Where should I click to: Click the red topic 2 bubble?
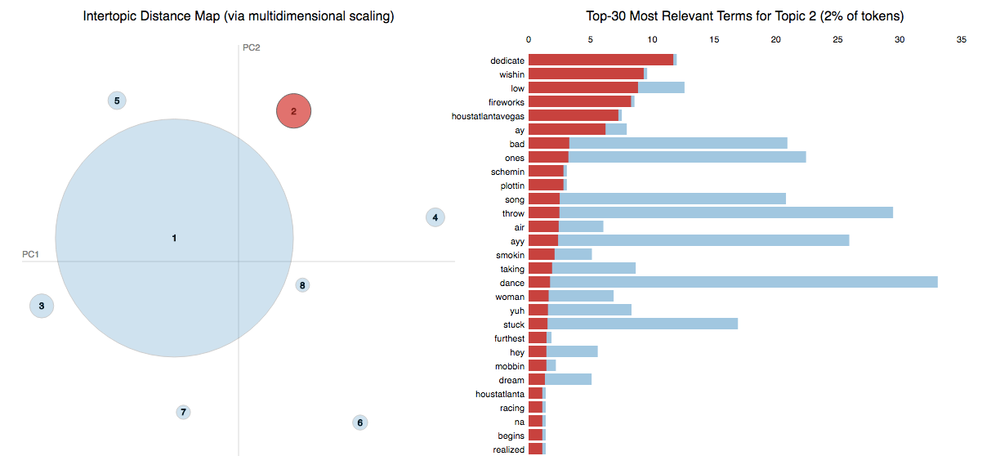(294, 111)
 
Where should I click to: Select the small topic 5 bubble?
(117, 101)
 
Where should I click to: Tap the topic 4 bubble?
(435, 217)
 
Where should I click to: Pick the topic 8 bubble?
(302, 285)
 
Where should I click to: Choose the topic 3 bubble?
(42, 306)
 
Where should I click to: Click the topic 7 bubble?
(183, 412)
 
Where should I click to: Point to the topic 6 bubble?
(359, 422)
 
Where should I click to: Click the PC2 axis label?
(251, 47)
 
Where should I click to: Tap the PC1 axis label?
(31, 255)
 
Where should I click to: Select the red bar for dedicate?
(600, 60)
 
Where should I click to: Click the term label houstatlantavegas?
(488, 116)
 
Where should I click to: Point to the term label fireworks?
(507, 102)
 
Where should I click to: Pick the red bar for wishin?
(586, 74)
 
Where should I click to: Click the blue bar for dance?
(743, 283)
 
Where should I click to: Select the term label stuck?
(514, 324)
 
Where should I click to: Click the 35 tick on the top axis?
(961, 39)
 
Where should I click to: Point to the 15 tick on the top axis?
(714, 39)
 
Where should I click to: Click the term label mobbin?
(510, 366)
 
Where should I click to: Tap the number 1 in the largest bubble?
(174, 238)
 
